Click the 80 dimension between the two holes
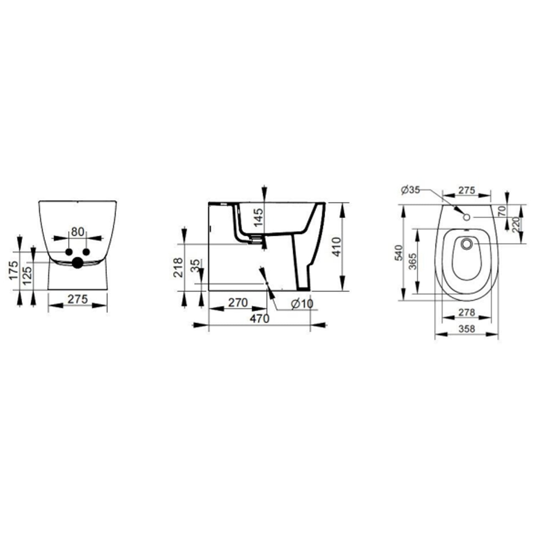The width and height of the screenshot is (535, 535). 77,232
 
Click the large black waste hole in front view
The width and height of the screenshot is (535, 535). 77,263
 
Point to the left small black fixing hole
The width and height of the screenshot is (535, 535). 68,252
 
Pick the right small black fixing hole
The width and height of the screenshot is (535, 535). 86,252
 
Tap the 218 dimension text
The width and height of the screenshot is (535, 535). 177,267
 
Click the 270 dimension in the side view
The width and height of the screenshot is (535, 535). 238,302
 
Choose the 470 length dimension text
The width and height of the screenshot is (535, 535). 259,319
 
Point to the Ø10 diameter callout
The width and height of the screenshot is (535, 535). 301,304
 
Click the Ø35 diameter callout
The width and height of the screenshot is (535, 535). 410,190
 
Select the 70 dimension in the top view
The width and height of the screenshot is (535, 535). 502,210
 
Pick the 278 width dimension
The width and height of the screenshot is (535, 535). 467,312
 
